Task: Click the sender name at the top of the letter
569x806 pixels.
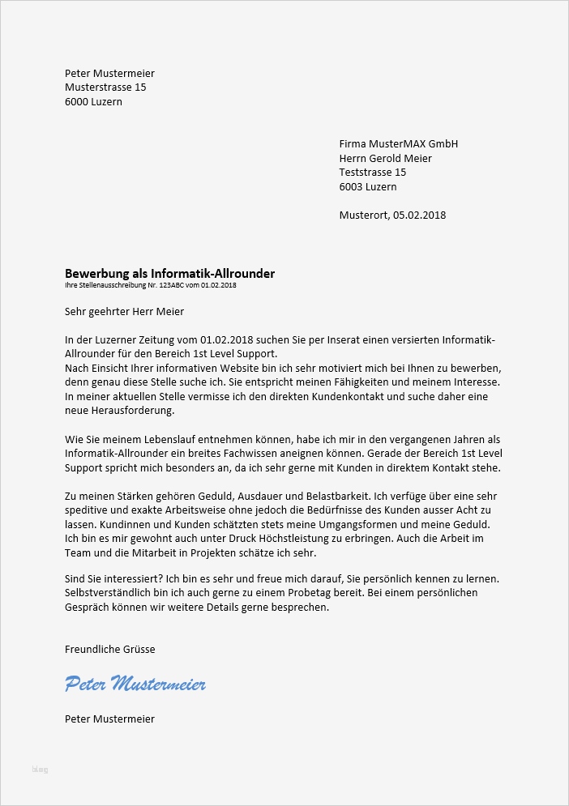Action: pos(109,74)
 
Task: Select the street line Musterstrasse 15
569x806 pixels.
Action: pos(105,87)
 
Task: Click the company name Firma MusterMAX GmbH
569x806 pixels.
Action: pos(398,143)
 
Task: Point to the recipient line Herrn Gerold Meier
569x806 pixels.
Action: pos(385,158)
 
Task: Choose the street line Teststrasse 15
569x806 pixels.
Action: pos(372,173)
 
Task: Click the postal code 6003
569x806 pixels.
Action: pos(353,187)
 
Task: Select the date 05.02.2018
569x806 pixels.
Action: pos(420,215)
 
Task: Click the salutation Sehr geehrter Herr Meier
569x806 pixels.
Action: pos(124,311)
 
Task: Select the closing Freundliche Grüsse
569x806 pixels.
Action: pos(109,650)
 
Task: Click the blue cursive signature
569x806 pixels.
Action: pos(135,684)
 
